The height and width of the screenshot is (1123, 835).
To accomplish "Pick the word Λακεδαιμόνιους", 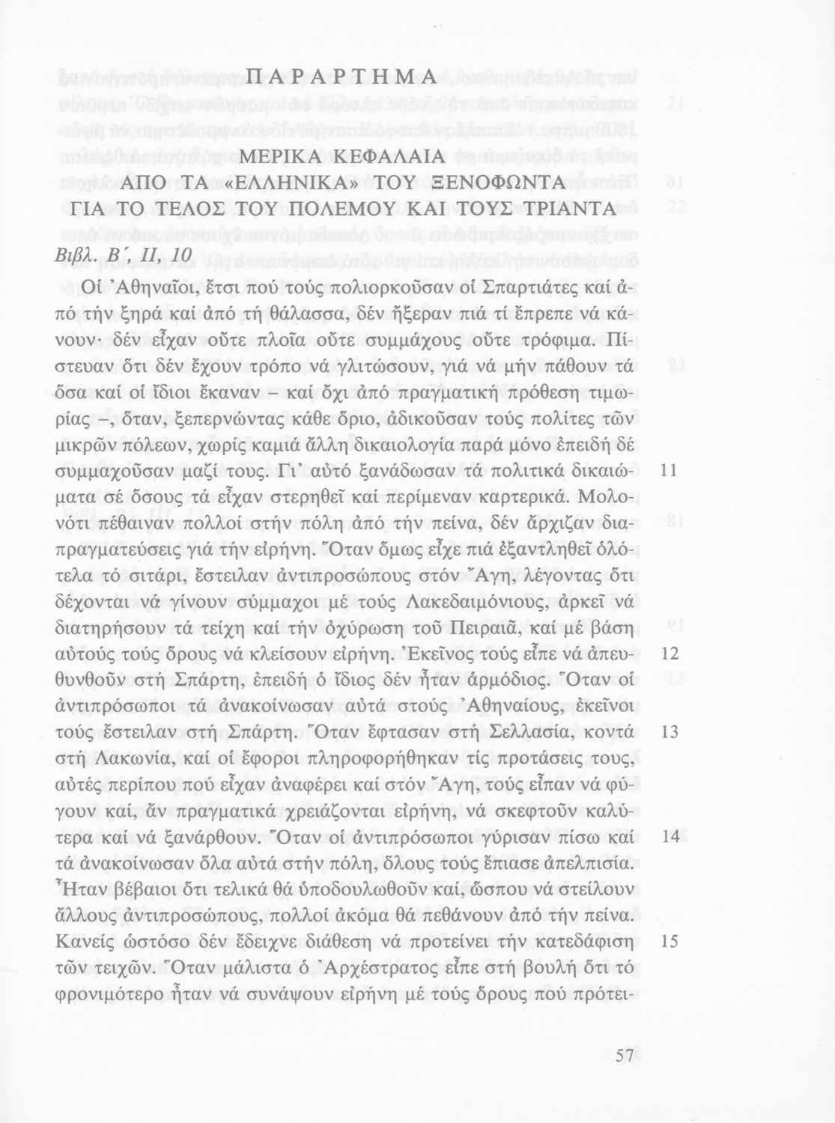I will [459, 601].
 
